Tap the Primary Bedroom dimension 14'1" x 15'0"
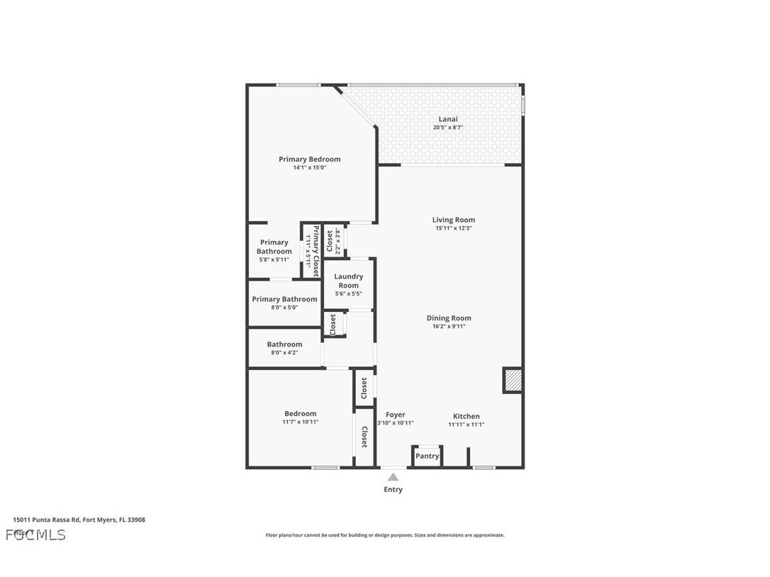(x=309, y=168)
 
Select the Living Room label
(x=454, y=220)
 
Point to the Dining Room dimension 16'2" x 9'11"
(x=448, y=327)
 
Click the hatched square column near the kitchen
(x=513, y=380)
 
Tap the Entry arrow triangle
(x=393, y=477)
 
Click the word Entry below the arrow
(x=393, y=489)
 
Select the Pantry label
(x=428, y=456)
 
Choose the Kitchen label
(x=467, y=416)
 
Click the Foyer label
(x=395, y=415)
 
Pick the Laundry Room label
(x=348, y=281)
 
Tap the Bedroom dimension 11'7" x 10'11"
(x=301, y=422)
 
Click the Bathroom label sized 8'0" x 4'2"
(x=284, y=344)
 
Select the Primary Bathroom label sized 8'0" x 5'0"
(x=284, y=299)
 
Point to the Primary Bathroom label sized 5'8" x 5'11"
(x=274, y=247)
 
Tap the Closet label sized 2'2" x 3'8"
(x=330, y=242)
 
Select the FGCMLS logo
(x=35, y=534)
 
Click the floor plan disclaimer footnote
(x=384, y=535)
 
